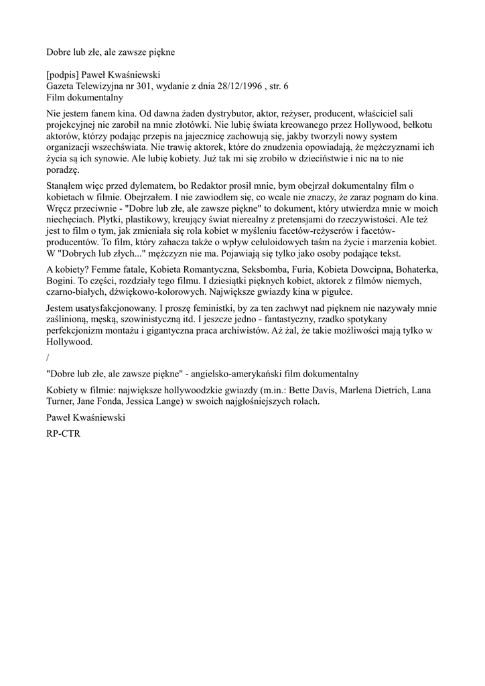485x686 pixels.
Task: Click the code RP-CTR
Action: click(62, 433)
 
